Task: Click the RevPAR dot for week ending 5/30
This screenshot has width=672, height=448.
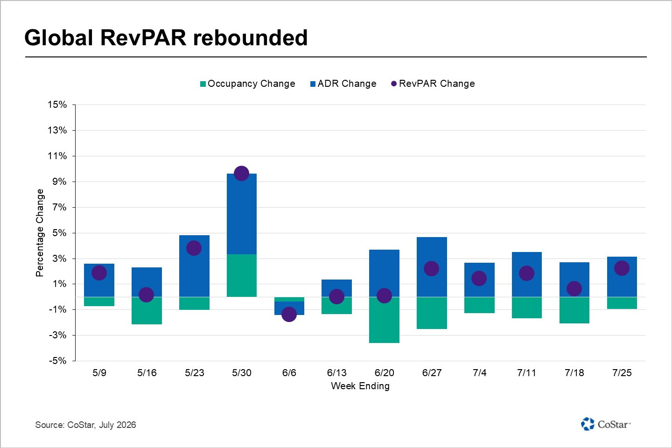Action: click(241, 174)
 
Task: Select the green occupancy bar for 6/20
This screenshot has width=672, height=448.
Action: click(384, 320)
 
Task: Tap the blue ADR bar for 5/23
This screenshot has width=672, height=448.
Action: click(194, 266)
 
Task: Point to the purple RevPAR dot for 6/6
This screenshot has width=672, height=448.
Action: click(289, 314)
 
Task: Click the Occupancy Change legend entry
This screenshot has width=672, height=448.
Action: click(247, 84)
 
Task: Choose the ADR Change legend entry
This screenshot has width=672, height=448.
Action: click(343, 84)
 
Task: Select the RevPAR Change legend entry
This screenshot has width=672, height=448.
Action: click(433, 84)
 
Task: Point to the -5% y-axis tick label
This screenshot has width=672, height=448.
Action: click(57, 360)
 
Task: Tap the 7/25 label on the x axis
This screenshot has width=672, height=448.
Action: click(622, 373)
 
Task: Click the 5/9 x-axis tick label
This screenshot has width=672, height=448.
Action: click(99, 373)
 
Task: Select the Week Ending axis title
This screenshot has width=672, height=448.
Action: click(360, 386)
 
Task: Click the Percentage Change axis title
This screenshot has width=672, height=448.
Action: click(40, 232)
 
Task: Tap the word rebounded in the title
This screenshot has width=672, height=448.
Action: click(250, 38)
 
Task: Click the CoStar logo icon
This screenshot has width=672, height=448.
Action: click(588, 424)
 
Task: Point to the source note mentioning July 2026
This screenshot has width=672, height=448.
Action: click(85, 425)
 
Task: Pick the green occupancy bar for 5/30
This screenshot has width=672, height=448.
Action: click(242, 275)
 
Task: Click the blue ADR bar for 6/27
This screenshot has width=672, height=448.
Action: click(432, 267)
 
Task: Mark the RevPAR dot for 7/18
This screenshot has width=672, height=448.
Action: click(574, 289)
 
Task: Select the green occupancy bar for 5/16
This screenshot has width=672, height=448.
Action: click(147, 311)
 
